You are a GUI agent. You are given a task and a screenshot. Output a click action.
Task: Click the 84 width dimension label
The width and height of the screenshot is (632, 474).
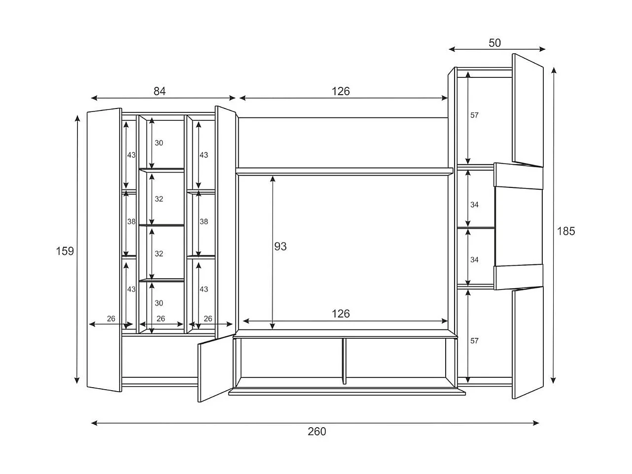[x=160, y=91]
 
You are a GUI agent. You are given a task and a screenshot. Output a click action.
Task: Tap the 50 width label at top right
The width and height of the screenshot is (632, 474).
[x=494, y=43]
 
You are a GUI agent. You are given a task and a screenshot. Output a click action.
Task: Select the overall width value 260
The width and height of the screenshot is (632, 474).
[x=316, y=432]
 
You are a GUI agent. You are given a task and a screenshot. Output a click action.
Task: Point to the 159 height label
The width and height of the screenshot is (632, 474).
[x=65, y=251]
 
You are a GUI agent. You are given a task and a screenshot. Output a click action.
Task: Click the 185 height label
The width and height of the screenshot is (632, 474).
[x=566, y=231]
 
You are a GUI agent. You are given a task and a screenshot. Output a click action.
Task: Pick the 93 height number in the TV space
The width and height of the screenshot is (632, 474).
[x=280, y=247]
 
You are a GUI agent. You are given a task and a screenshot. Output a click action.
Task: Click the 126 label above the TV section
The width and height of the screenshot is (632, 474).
[x=340, y=91]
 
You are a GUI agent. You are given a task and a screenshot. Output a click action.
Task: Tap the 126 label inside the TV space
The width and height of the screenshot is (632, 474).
[x=340, y=314]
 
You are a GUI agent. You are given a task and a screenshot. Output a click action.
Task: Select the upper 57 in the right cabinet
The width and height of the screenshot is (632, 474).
[x=474, y=115]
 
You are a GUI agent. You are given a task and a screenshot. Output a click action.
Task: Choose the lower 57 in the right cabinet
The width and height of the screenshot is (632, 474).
[x=474, y=341]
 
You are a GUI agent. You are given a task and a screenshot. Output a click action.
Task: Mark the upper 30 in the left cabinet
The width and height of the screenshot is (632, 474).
[x=159, y=143]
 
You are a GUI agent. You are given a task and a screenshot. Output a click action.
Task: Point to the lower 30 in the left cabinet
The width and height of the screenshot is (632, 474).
[x=159, y=303]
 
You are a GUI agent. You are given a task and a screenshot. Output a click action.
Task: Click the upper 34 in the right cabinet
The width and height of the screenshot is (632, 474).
[x=474, y=205]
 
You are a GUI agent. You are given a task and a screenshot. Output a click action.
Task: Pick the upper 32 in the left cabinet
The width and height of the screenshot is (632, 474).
[x=159, y=199]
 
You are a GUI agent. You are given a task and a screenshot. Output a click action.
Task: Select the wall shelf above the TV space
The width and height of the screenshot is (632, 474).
[x=344, y=171]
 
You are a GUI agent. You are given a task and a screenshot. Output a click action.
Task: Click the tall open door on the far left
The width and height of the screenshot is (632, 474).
[x=104, y=250]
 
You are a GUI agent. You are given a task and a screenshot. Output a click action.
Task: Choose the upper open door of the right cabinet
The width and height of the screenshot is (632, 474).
[x=527, y=110]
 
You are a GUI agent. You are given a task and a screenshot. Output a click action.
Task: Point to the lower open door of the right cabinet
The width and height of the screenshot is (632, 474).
[x=527, y=343]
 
